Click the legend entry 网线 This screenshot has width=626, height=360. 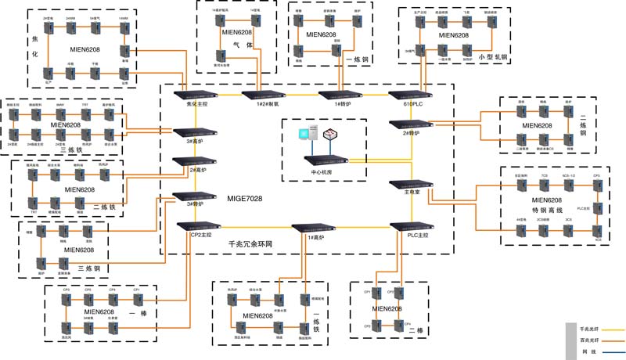[588, 351]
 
